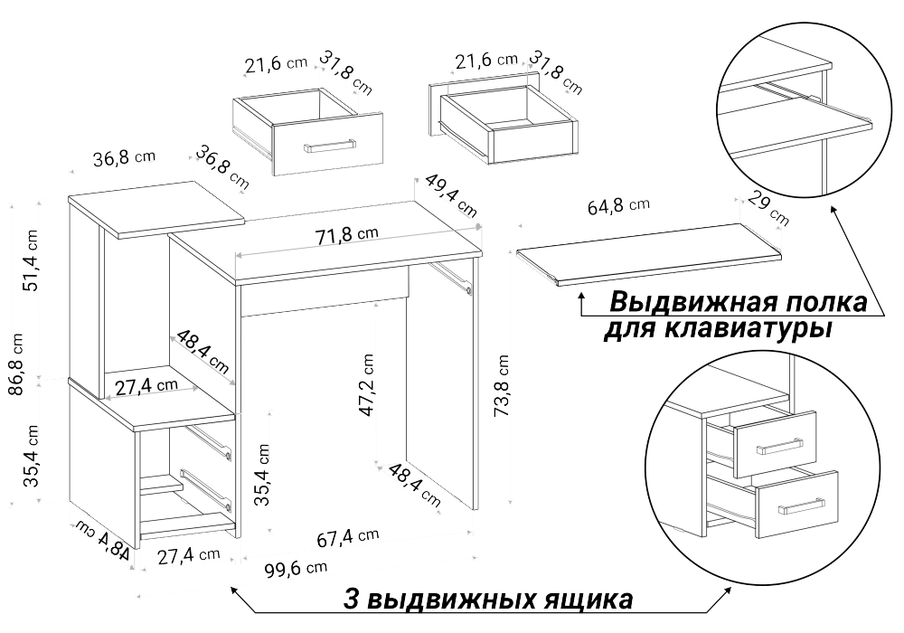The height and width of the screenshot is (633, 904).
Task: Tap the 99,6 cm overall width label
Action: [x=296, y=570]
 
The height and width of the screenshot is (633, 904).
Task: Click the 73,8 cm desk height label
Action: [x=502, y=386]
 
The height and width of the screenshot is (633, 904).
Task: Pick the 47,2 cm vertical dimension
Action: [x=367, y=384]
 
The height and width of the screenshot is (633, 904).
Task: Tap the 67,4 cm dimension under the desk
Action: [x=348, y=537]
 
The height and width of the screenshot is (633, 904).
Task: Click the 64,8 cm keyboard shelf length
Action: [x=618, y=206]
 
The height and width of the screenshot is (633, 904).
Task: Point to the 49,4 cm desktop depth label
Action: [x=451, y=194]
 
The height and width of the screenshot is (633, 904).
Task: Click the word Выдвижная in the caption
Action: [x=677, y=301]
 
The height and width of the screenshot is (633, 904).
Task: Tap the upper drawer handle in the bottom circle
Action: [x=778, y=446]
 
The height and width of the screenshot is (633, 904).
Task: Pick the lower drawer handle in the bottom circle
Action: [x=800, y=505]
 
